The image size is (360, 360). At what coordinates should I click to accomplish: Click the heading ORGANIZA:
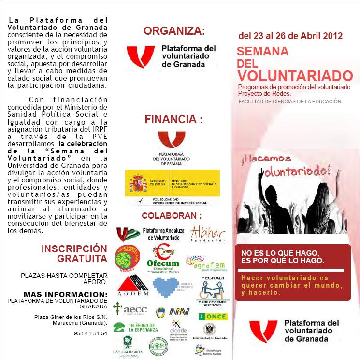(174, 31)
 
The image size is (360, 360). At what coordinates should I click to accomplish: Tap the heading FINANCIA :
(173, 119)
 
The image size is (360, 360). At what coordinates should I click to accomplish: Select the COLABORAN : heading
(172, 215)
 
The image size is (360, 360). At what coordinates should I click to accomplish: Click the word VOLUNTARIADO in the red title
(295, 76)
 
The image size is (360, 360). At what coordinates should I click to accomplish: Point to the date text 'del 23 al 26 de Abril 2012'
(290, 36)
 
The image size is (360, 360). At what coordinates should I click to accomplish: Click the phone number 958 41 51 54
(91, 333)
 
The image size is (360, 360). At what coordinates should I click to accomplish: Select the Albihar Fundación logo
(208, 234)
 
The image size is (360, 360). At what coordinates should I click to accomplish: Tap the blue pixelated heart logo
(169, 286)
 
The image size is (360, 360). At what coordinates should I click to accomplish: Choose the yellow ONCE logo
(213, 316)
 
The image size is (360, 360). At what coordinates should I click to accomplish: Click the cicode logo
(174, 328)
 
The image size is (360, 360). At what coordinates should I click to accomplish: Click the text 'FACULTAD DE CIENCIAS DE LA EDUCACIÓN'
(289, 102)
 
